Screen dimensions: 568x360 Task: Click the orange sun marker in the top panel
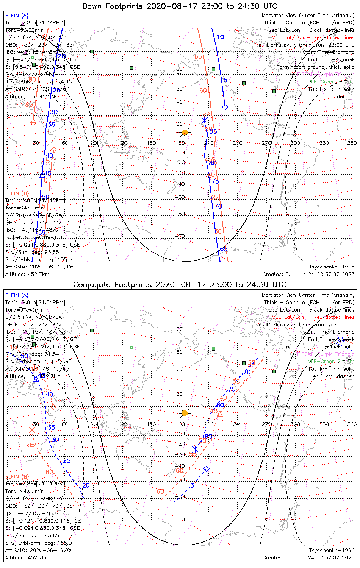(x=185, y=132)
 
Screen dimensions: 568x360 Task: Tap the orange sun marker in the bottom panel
(x=185, y=413)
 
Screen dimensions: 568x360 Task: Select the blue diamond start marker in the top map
(x=225, y=107)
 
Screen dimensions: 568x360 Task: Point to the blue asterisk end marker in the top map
(x=205, y=120)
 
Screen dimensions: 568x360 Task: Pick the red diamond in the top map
(x=54, y=150)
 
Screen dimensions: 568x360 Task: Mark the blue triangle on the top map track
(x=42, y=175)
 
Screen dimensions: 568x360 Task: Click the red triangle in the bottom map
(x=220, y=414)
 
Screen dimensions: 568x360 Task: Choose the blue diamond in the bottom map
(x=207, y=469)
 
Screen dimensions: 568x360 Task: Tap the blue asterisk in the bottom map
(x=195, y=449)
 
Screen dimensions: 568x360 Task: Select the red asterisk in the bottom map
(x=32, y=430)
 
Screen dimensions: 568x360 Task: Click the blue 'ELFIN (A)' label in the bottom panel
(x=17, y=295)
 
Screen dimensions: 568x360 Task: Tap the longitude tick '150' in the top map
(x=151, y=143)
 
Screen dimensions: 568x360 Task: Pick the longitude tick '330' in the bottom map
(x=324, y=424)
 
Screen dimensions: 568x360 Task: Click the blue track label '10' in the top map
(x=220, y=37)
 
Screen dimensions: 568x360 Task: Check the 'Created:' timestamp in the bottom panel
(x=308, y=557)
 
